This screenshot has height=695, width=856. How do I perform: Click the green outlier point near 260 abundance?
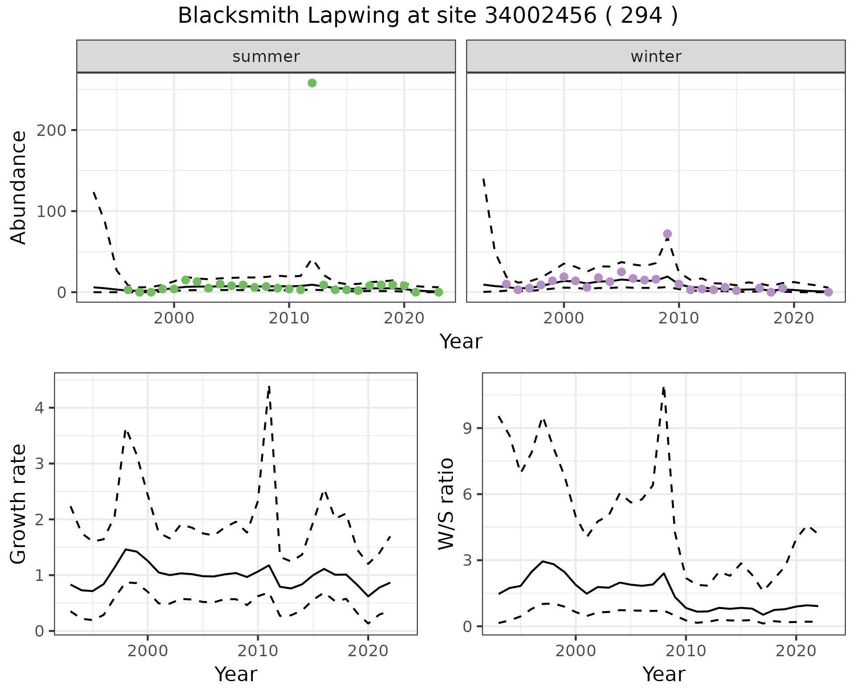click(312, 83)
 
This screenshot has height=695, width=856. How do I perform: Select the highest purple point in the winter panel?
click(667, 234)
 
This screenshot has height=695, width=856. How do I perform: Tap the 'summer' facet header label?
click(266, 57)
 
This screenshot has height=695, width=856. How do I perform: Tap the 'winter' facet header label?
click(656, 57)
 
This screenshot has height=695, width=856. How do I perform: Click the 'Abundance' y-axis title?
click(19, 188)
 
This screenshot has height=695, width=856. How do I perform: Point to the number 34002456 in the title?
click(540, 16)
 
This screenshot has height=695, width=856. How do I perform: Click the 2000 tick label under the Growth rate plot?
click(148, 651)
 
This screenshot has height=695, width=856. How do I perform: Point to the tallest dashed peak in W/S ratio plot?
click(664, 388)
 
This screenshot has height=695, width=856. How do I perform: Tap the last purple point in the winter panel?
click(828, 292)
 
